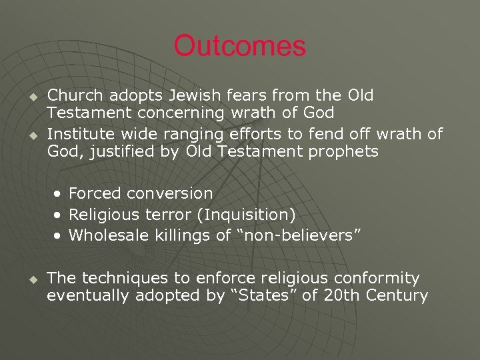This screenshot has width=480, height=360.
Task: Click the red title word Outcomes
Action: (239, 47)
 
